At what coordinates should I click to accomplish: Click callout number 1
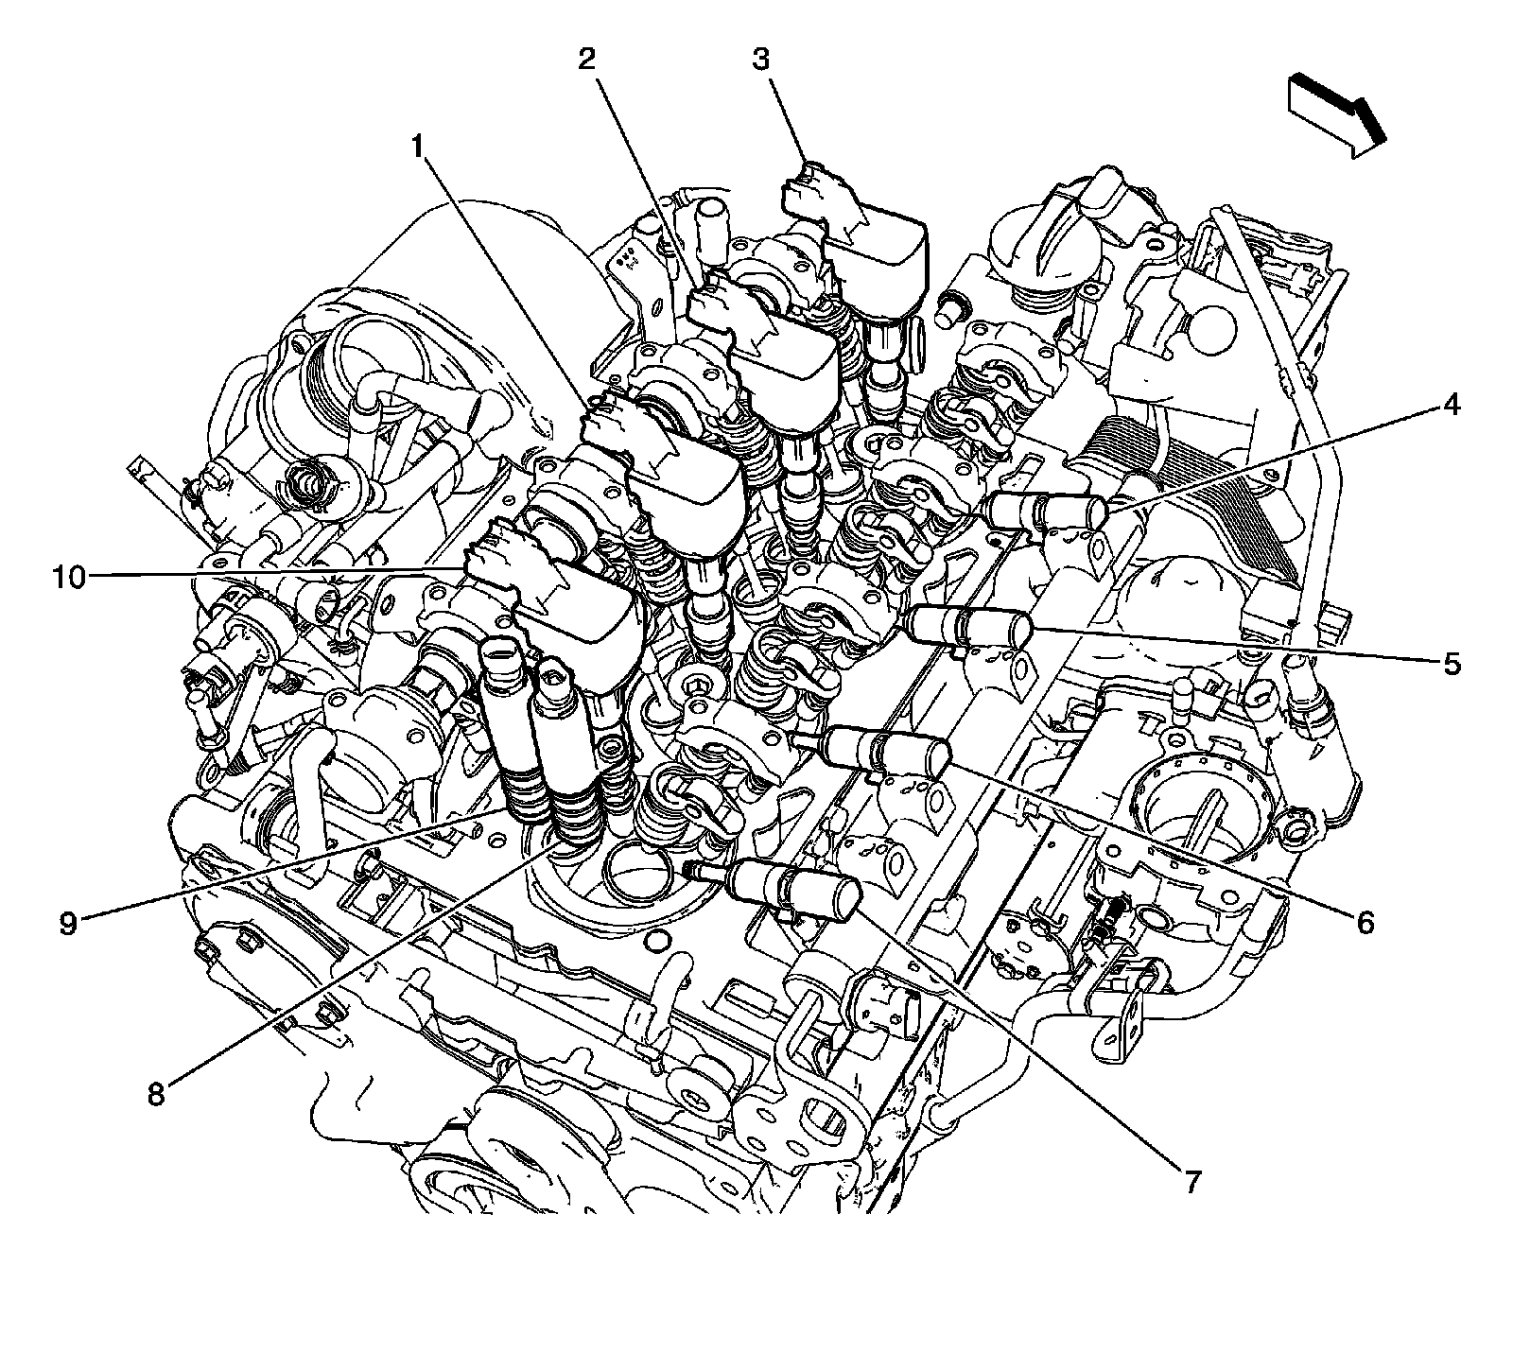pos(417,148)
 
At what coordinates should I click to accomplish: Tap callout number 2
pos(587,61)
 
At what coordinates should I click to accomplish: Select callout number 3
pos(761,61)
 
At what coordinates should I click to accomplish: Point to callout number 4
pos(1452,406)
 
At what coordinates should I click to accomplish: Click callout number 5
pos(1452,663)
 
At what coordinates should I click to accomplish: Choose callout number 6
pos(1365,921)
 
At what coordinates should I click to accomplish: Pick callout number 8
pos(156,1094)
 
